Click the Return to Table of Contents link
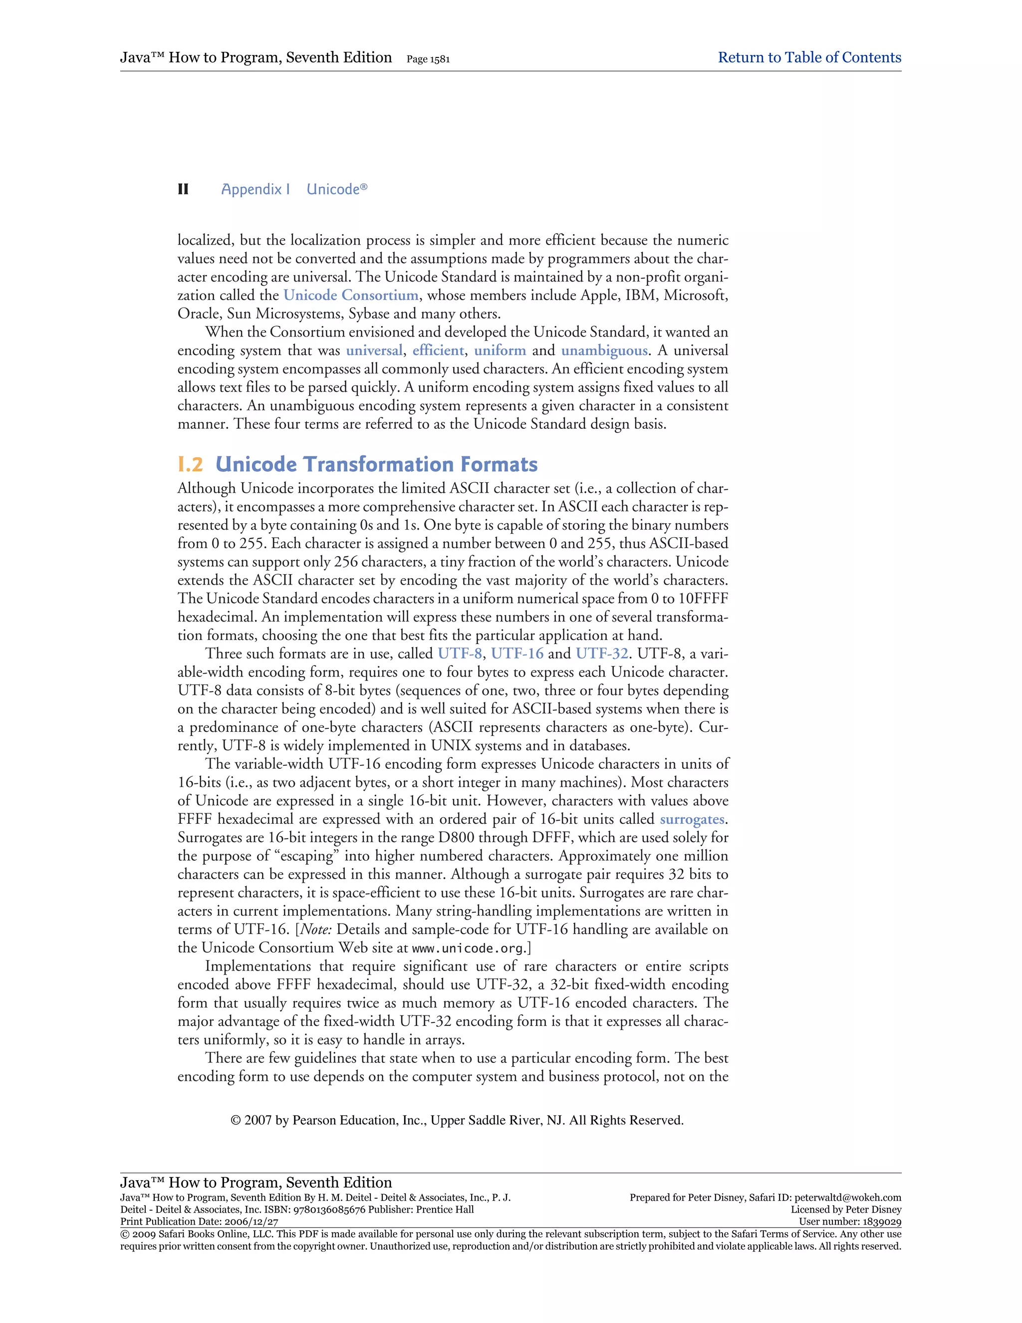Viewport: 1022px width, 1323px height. [x=809, y=57]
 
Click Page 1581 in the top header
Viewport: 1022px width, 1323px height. [x=428, y=59]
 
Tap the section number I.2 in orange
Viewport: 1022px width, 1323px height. [x=190, y=465]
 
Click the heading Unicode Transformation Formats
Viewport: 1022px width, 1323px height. [x=377, y=465]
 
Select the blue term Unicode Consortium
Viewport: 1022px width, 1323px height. [x=351, y=296]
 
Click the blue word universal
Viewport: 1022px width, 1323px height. [x=374, y=351]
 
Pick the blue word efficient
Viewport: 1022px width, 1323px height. [x=438, y=351]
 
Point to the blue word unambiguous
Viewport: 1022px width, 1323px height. [x=604, y=351]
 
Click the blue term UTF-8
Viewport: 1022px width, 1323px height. [x=460, y=654]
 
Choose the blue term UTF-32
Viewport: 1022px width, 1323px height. [x=602, y=654]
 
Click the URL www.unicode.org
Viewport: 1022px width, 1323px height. [x=469, y=948]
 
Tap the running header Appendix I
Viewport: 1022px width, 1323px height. [x=255, y=190]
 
